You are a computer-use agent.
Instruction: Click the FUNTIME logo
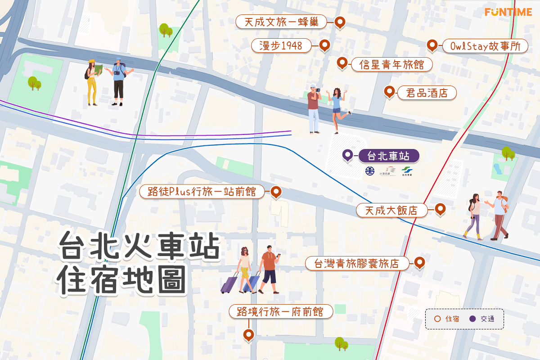coord(508,12)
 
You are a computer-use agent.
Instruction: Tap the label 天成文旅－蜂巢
coord(282,22)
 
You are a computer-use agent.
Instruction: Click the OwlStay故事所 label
coord(485,46)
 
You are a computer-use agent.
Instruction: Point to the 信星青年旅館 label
coord(391,65)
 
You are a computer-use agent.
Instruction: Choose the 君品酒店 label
coord(427,93)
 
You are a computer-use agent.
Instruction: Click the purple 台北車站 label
coord(389,156)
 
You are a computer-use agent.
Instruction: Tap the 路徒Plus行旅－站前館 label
coord(202,192)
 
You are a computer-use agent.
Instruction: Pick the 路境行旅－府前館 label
coord(281,311)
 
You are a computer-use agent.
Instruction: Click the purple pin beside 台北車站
coord(347,155)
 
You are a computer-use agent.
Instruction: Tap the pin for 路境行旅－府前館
coord(248,334)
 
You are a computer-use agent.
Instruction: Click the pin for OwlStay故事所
coord(432,45)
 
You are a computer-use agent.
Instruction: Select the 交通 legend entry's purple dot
coord(472,319)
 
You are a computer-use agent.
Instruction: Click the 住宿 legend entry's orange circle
coord(437,319)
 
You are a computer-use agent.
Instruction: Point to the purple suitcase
coord(229,284)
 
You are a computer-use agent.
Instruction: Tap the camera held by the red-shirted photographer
coord(318,90)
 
